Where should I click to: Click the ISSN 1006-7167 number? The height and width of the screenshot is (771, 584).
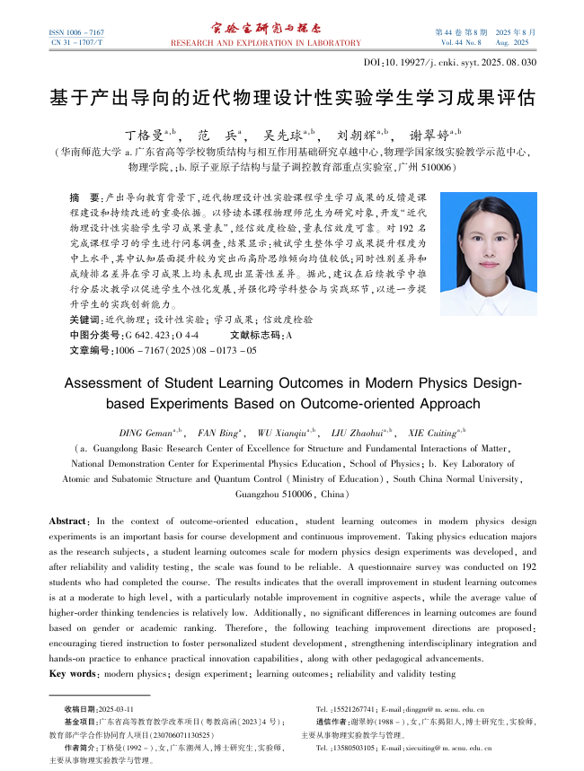pos(76,31)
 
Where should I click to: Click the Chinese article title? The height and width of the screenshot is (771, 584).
pos(292,96)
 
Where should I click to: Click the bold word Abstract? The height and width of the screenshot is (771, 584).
pos(67,521)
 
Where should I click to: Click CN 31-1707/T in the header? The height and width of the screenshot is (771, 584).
pos(76,42)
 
